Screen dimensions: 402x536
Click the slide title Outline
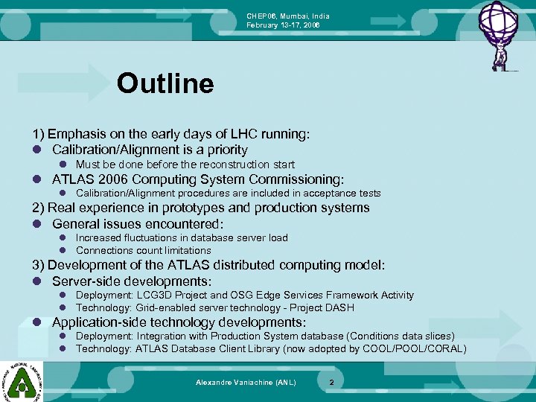point(165,83)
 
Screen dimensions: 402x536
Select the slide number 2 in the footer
point(332,382)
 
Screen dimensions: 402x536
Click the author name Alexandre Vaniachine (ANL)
point(246,382)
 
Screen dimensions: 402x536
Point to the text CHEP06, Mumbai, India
point(288,16)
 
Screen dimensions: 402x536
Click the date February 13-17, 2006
point(284,25)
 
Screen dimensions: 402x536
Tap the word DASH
point(340,307)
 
